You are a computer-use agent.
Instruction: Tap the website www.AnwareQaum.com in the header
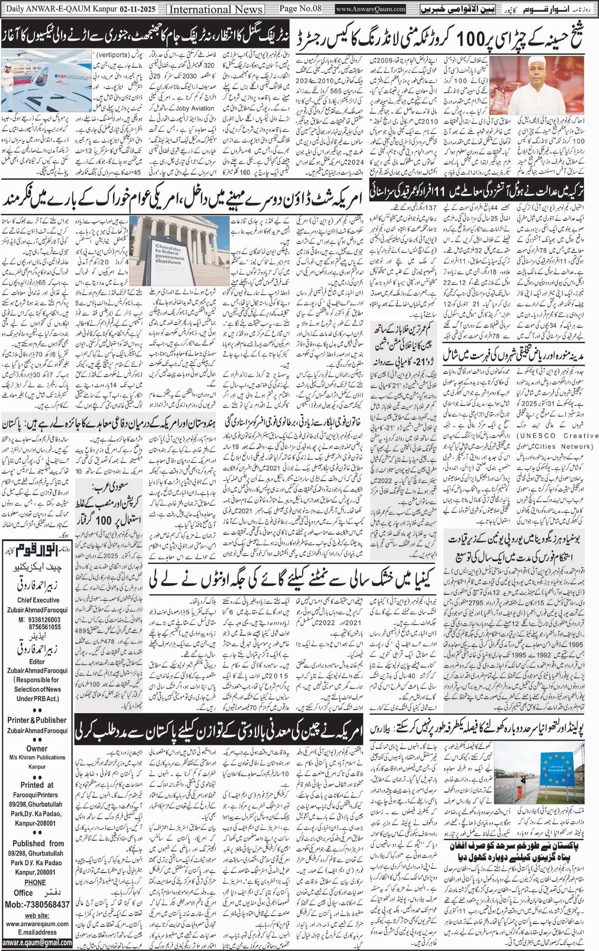click(371, 9)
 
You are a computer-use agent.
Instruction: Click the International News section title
click(216, 9)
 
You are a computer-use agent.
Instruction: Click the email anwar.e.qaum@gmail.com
click(37, 942)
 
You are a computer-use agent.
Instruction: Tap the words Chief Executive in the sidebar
click(38, 600)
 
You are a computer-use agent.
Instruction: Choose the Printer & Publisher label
click(37, 720)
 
